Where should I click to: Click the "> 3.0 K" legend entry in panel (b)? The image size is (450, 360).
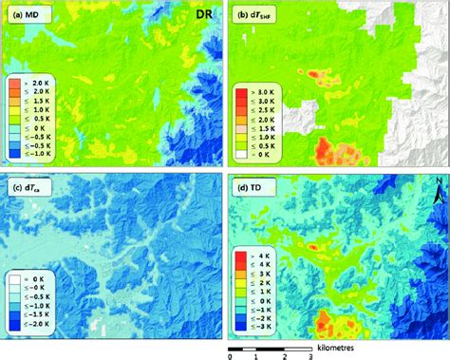click(x=254, y=89)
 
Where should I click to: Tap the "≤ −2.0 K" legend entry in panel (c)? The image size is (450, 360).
click(x=29, y=324)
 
